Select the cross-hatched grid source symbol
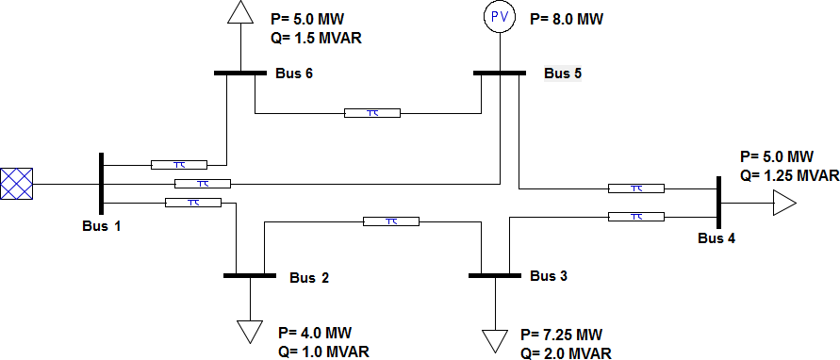[x=17, y=183]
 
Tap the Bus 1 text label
[x=101, y=226]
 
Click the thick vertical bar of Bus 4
[x=718, y=203]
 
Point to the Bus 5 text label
[x=563, y=74]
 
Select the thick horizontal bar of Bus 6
[x=240, y=72]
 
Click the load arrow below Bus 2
[x=250, y=331]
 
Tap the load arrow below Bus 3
[x=493, y=340]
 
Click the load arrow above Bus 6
[x=240, y=11]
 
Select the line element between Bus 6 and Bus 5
[x=372, y=113]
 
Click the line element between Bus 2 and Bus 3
[x=391, y=221]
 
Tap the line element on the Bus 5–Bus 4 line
[x=636, y=188]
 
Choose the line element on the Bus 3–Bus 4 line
[x=636, y=217]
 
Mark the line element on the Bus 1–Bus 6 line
[x=179, y=163]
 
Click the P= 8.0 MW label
[x=566, y=18]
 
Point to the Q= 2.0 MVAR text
[x=566, y=353]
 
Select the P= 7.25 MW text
[x=561, y=335]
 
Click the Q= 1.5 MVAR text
[x=316, y=39]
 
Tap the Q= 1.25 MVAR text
[x=789, y=175]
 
